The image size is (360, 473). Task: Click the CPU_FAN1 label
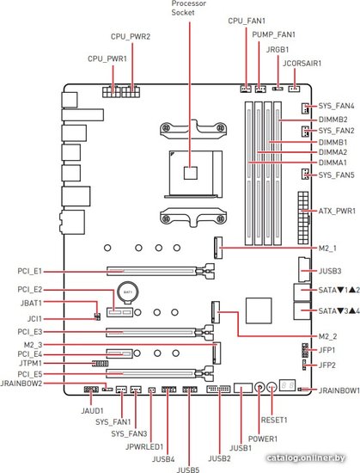[x=247, y=21]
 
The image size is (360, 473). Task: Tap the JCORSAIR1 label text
[x=302, y=64]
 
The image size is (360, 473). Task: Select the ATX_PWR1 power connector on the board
[x=303, y=218]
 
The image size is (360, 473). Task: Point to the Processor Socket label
[x=189, y=8]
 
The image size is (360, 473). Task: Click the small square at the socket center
[x=191, y=172]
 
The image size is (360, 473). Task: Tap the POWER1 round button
[x=259, y=387]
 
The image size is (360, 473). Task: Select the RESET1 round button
[x=272, y=387]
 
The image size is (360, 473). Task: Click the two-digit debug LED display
[x=287, y=385]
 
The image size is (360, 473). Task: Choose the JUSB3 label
[x=330, y=271]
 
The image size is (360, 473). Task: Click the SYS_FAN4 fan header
[x=305, y=108]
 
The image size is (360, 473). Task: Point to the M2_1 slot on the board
[x=218, y=248]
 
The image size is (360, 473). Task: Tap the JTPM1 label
[x=29, y=364]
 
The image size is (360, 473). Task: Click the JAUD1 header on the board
[x=91, y=390]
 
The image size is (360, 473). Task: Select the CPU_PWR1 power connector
[x=111, y=91]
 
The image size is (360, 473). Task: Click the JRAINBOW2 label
[x=21, y=384]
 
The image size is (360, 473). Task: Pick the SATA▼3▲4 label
[x=339, y=310]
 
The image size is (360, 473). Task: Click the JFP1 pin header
[x=304, y=350]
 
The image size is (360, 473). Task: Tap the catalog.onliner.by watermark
[x=306, y=458]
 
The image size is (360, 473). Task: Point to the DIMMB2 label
[x=333, y=120]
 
